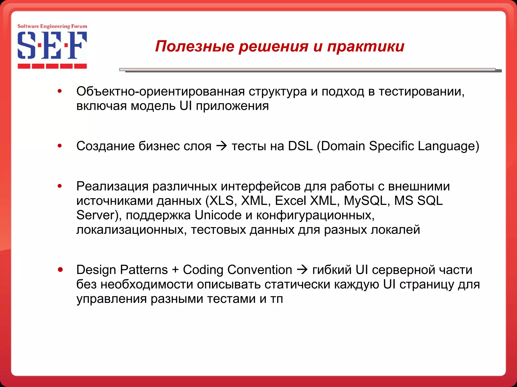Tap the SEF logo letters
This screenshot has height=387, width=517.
[52, 45]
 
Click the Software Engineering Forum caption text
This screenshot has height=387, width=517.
[52, 26]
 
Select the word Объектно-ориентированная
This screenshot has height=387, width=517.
[161, 91]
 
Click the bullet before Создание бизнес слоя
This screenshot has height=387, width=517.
[60, 146]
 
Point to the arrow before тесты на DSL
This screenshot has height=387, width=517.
[222, 146]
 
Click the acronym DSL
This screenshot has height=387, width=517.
[300, 146]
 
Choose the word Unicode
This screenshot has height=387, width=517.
[218, 215]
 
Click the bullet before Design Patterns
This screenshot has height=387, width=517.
[60, 270]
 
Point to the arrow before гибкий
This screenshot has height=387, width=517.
[302, 270]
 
